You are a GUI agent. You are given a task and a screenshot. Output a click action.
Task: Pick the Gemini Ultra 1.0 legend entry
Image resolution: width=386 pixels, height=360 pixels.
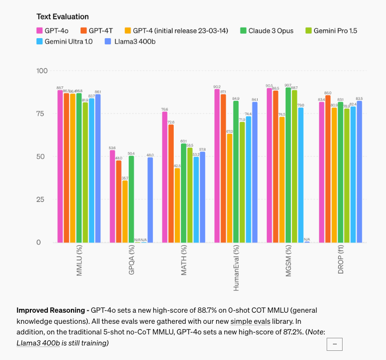click(66, 42)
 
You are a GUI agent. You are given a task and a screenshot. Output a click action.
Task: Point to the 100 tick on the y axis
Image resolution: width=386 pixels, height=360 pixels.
click(42, 71)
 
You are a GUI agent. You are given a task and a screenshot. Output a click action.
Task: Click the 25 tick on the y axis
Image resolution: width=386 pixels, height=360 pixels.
click(44, 199)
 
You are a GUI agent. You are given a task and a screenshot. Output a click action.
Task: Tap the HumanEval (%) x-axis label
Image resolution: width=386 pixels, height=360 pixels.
click(236, 269)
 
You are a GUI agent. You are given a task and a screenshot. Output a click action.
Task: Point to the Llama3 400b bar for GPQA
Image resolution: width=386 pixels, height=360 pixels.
click(150, 200)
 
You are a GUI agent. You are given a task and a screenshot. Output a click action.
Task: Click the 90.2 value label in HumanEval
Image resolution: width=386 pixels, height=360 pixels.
click(217, 87)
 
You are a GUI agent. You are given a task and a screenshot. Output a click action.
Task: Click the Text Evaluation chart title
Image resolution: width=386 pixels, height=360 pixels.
click(62, 17)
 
